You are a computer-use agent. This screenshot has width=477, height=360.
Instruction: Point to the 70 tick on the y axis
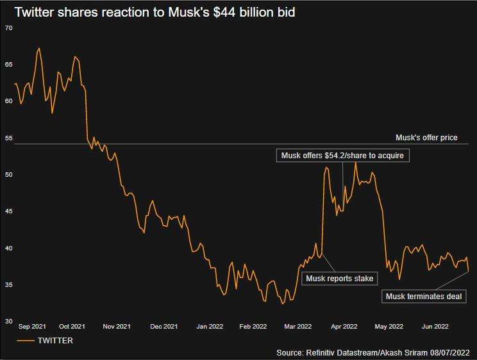8,28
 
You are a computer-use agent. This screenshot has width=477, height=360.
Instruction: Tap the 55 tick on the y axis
8,138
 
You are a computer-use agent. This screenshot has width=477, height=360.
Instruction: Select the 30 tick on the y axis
8,322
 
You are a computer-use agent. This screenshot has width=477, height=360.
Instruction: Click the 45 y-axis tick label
8,211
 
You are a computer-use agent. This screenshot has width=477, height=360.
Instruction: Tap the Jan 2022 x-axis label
210,327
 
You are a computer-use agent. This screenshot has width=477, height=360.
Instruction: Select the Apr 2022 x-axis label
344,327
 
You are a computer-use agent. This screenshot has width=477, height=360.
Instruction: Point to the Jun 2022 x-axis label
435,327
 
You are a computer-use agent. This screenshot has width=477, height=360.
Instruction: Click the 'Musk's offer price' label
426,138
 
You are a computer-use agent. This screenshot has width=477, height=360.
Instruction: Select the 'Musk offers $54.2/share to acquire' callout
342,156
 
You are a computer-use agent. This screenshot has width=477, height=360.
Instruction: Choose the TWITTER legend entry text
54,341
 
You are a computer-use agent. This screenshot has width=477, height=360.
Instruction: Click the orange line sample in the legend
25,341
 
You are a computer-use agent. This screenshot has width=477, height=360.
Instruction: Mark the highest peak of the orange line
39,48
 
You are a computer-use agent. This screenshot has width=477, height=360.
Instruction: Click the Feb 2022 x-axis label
253,327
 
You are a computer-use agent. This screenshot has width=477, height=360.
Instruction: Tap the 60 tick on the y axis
8,101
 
